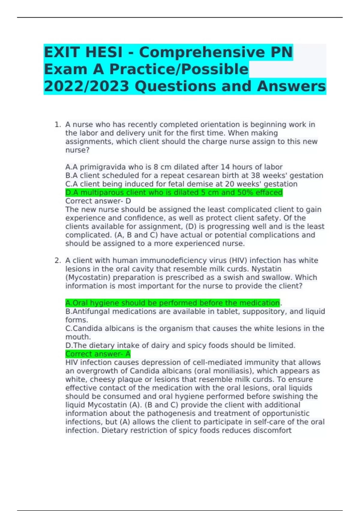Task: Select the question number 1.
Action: point(57,124)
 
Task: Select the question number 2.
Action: point(57,260)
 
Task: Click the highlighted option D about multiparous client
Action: point(174,192)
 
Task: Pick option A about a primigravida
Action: point(174,167)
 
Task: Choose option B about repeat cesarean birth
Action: point(194,175)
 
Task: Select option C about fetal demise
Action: point(181,184)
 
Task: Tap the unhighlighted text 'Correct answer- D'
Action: point(98,201)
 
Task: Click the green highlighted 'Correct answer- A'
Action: point(98,354)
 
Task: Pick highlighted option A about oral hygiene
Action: point(172,303)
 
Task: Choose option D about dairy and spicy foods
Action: point(180,345)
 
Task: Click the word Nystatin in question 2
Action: point(266,269)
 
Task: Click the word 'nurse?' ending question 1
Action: point(77,150)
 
